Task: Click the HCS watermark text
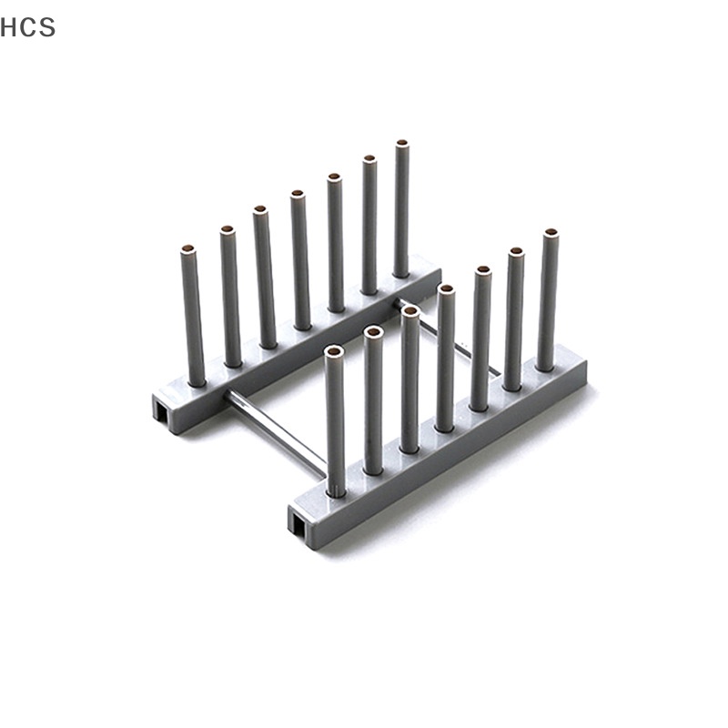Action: pyautogui.click(x=28, y=27)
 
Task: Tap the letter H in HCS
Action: pyautogui.click(x=9, y=27)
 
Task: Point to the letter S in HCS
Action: pyautogui.click(x=47, y=27)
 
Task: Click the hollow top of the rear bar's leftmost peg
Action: pyautogui.click(x=188, y=248)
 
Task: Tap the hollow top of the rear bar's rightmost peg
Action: pyautogui.click(x=401, y=144)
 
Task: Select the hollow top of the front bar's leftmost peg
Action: pyautogui.click(x=334, y=350)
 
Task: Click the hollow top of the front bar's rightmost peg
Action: pyautogui.click(x=551, y=233)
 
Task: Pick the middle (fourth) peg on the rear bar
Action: pyautogui.click(x=299, y=259)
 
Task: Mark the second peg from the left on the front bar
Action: pyautogui.click(x=373, y=400)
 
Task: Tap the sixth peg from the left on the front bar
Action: pyautogui.click(x=515, y=318)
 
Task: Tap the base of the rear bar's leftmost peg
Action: pyautogui.click(x=195, y=379)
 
